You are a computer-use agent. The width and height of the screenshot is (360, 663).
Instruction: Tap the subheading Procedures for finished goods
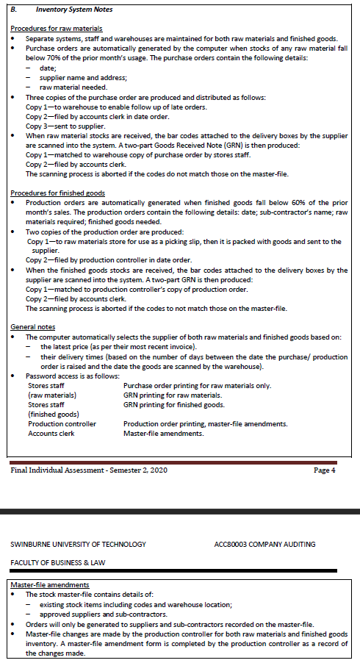(57, 192)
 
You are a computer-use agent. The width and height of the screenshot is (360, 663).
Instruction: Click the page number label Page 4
(323, 470)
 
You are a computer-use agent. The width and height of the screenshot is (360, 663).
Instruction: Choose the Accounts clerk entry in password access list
(51, 434)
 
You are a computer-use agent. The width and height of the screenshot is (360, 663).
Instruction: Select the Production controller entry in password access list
(62, 424)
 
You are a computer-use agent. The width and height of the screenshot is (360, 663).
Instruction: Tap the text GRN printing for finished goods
(174, 405)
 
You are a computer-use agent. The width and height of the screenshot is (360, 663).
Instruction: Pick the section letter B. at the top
(13, 10)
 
